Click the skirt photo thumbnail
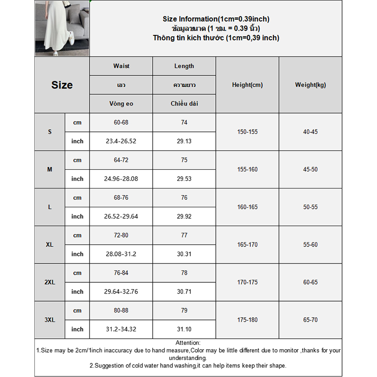pos(62,28)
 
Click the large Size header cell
pos(62,85)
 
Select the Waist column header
pos(121,66)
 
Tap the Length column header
pos(184,66)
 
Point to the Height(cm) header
pos(247,85)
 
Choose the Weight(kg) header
pos(310,85)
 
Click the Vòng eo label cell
pos(121,104)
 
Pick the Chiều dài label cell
pos(184,104)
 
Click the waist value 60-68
pos(121,123)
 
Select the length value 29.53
pos(184,179)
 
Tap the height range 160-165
pos(247,207)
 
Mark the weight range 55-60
pos(310,245)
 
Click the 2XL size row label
pos(49,282)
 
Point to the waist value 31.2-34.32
pos(121,329)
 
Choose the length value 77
pos(184,235)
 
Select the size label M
pos(49,169)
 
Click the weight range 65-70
pos(310,320)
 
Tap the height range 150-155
pos(247,132)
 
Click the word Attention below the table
pos(188,343)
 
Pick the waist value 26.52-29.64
pos(121,217)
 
